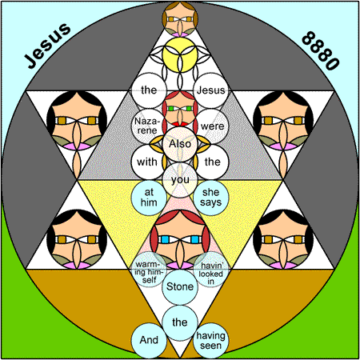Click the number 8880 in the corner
321,50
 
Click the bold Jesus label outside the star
47,45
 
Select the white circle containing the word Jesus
211,90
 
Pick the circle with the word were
211,126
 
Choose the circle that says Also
180,144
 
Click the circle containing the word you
180,180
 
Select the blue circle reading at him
149,198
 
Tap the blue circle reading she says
211,198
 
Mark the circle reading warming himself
149,270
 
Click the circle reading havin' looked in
211,270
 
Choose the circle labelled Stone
180,287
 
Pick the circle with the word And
149,341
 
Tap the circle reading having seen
211,341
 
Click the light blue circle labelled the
180,322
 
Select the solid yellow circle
180,55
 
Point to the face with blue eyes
180,239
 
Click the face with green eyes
180,109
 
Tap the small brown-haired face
180,19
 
